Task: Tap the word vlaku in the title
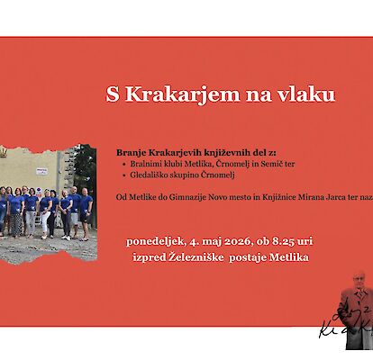[306, 94]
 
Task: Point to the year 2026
[238, 242]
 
